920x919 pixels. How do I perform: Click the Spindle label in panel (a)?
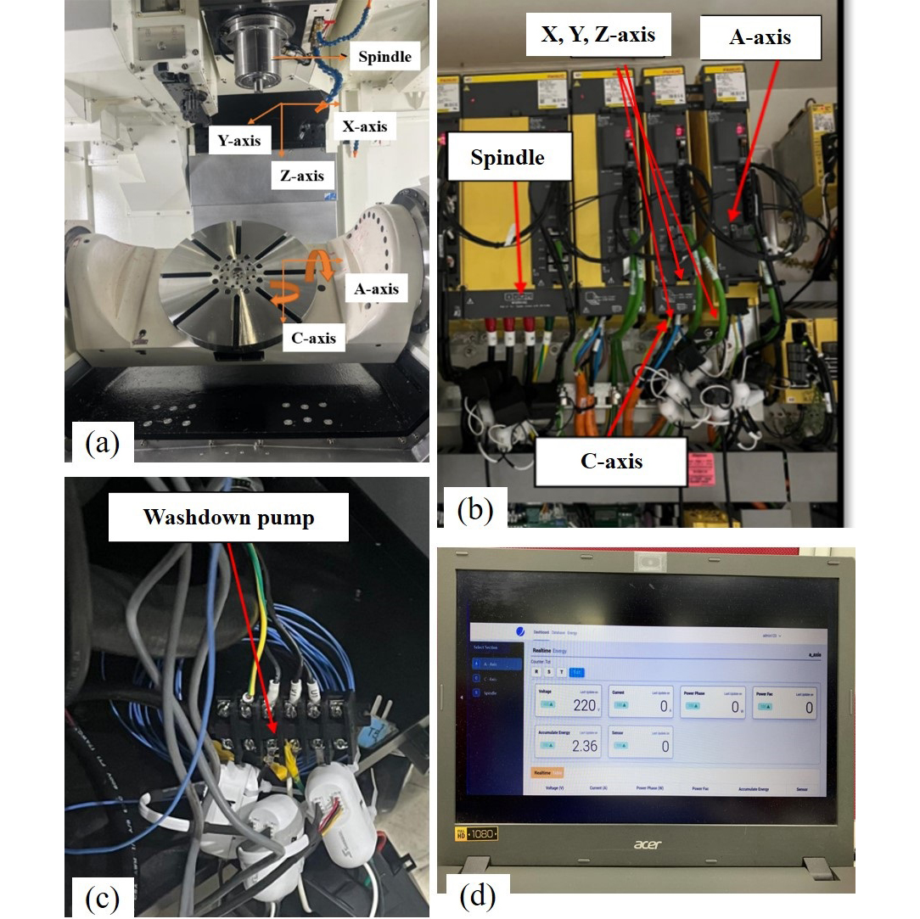384,57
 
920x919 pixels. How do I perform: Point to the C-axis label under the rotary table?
309,338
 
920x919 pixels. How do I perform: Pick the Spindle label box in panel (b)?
508,157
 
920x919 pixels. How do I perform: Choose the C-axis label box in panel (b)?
611,461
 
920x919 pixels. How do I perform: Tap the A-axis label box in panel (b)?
760,37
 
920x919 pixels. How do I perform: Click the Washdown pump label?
228,517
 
